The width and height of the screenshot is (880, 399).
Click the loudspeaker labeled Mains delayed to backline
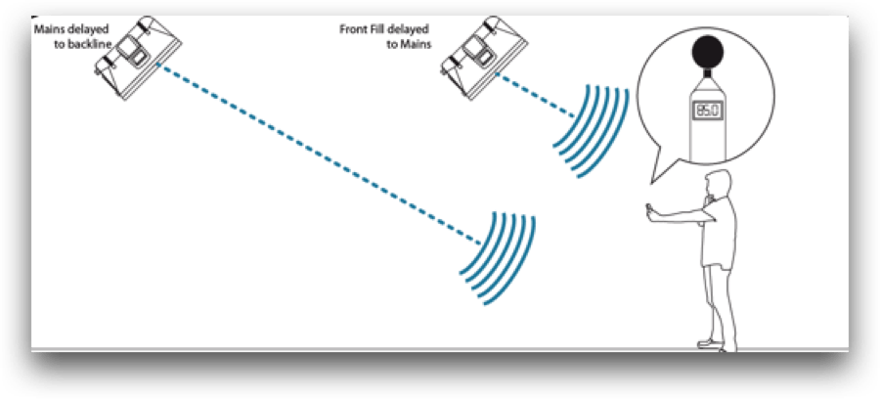[138, 59]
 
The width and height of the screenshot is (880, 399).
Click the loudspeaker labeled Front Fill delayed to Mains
[484, 59]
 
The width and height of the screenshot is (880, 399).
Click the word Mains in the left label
[49, 29]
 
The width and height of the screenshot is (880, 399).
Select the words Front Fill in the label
[362, 29]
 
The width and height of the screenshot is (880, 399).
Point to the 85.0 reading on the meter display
[707, 111]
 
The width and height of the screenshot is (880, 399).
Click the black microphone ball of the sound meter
[708, 52]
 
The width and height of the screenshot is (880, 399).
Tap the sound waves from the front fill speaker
[591, 131]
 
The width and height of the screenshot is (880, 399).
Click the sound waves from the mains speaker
[498, 258]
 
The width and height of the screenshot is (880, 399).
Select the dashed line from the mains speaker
[318, 154]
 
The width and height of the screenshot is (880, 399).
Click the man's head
[719, 187]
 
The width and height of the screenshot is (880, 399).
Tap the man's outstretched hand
[651, 214]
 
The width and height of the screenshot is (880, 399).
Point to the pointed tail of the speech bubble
[651, 182]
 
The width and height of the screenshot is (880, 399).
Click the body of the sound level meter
[707, 120]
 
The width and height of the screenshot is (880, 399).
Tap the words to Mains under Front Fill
[409, 44]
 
